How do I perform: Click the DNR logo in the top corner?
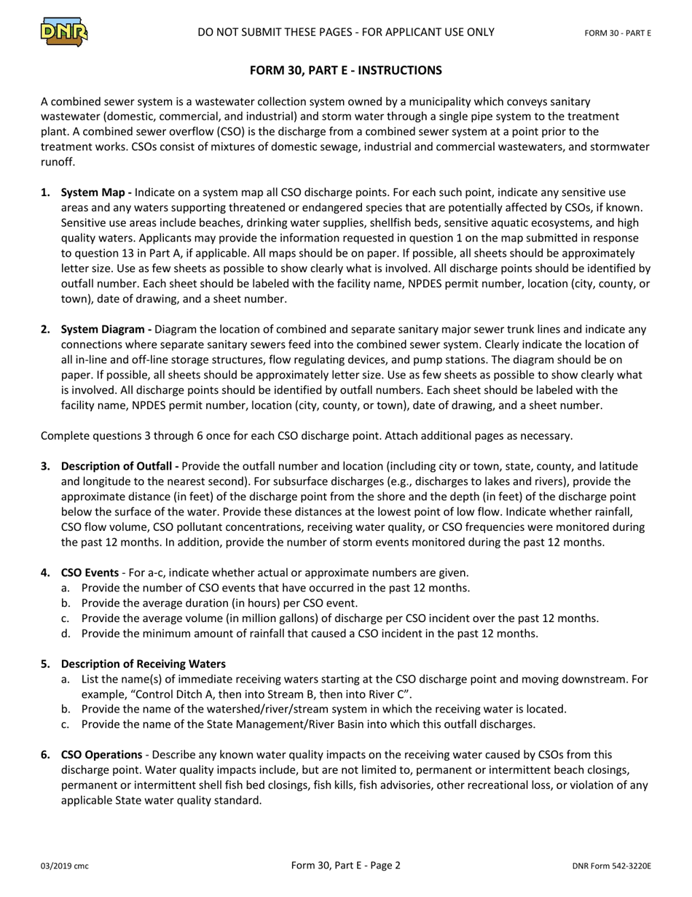pos(64,31)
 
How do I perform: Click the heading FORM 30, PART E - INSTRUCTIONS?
pos(345,71)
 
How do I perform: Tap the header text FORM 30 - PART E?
pos(618,33)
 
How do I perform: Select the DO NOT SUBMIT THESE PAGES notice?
pos(345,32)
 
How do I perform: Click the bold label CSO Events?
pos(90,572)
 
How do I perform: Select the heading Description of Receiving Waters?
pos(143,664)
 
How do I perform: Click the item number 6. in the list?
pos(46,755)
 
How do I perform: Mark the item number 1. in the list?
pos(46,193)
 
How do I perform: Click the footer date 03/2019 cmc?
pos(65,866)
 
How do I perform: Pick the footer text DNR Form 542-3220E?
pos(611,866)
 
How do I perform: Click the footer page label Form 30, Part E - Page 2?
pos(345,866)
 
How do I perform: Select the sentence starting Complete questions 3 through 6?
pos(306,435)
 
